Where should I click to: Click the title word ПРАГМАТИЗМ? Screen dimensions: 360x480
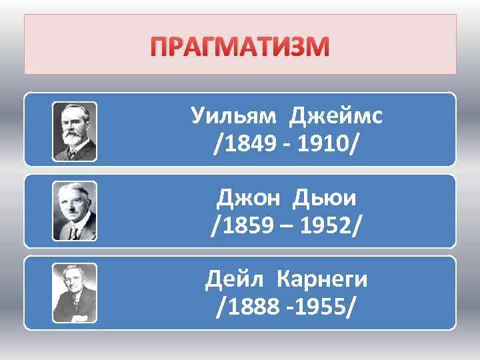(x=241, y=47)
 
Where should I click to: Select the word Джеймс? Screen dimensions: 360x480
(x=335, y=117)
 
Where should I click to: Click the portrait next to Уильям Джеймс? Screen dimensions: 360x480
(x=75, y=131)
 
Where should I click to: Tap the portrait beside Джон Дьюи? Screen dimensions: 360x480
(x=75, y=211)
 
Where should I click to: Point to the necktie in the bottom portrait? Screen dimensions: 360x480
(x=75, y=309)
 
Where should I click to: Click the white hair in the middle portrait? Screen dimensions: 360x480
(x=74, y=191)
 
